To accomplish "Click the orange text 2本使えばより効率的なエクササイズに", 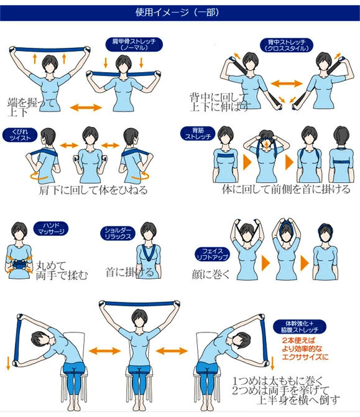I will [305, 349].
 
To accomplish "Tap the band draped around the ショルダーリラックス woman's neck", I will [147, 251].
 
